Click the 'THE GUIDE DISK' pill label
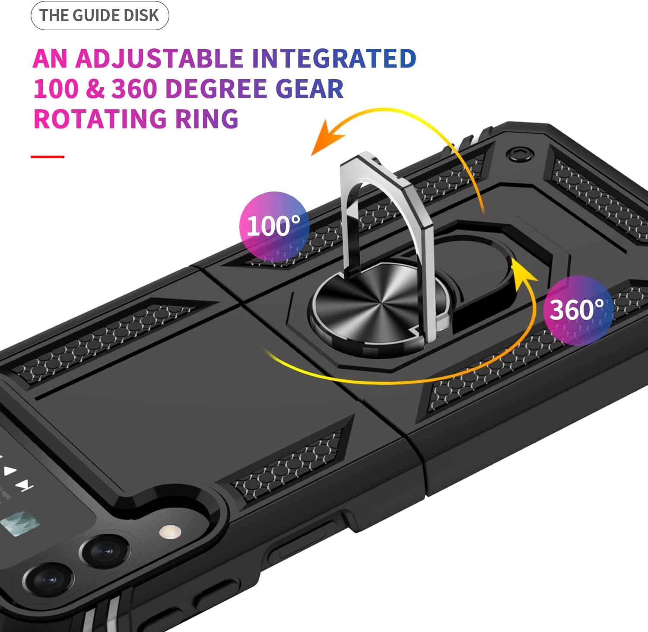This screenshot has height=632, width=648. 99,16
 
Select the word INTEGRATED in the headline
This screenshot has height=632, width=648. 334,59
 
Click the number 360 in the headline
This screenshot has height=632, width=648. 134,89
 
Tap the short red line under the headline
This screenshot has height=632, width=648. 48,156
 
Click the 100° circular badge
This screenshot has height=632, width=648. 274,227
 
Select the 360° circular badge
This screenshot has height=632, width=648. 578,310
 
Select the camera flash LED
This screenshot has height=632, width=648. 170,531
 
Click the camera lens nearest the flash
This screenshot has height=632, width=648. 105,552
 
